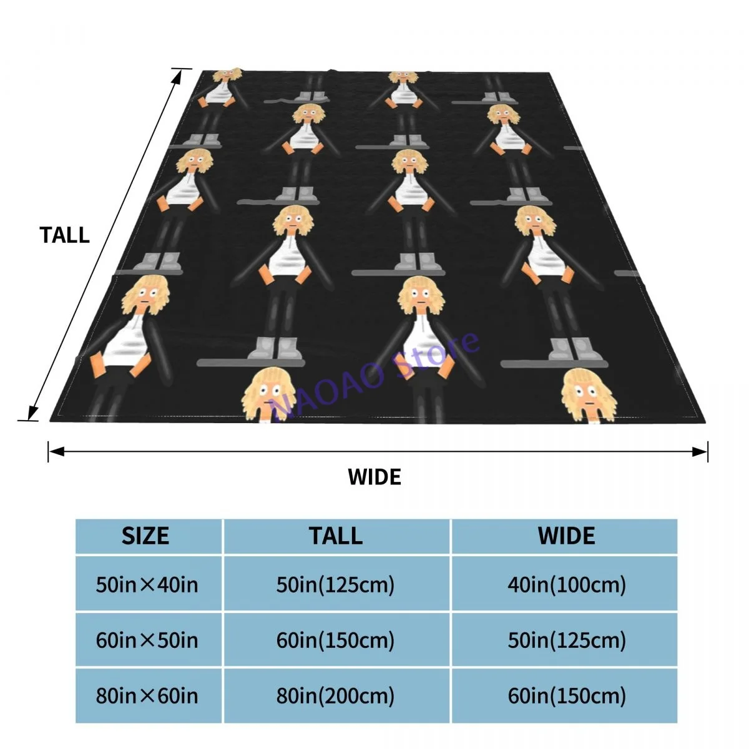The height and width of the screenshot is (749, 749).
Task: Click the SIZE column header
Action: tap(145, 536)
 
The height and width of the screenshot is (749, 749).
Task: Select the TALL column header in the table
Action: tap(336, 536)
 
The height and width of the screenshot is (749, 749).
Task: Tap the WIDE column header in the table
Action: tap(566, 536)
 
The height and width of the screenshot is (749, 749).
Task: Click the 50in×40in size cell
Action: tap(147, 585)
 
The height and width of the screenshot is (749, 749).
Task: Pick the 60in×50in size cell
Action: tap(147, 640)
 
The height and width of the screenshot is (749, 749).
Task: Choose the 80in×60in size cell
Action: tap(147, 696)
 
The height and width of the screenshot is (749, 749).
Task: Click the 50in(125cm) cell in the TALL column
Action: tap(336, 585)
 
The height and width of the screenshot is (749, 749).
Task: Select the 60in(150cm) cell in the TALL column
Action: tap(336, 640)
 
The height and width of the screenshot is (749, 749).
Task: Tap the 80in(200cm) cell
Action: tap(336, 696)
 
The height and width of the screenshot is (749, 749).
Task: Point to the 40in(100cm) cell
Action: tap(566, 585)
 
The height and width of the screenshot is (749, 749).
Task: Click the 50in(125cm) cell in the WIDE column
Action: tap(566, 640)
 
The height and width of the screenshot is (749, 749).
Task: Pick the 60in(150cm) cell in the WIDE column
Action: tap(566, 696)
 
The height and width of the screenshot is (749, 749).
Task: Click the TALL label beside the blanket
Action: tap(64, 235)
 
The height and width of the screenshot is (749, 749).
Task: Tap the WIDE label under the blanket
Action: tap(374, 477)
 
